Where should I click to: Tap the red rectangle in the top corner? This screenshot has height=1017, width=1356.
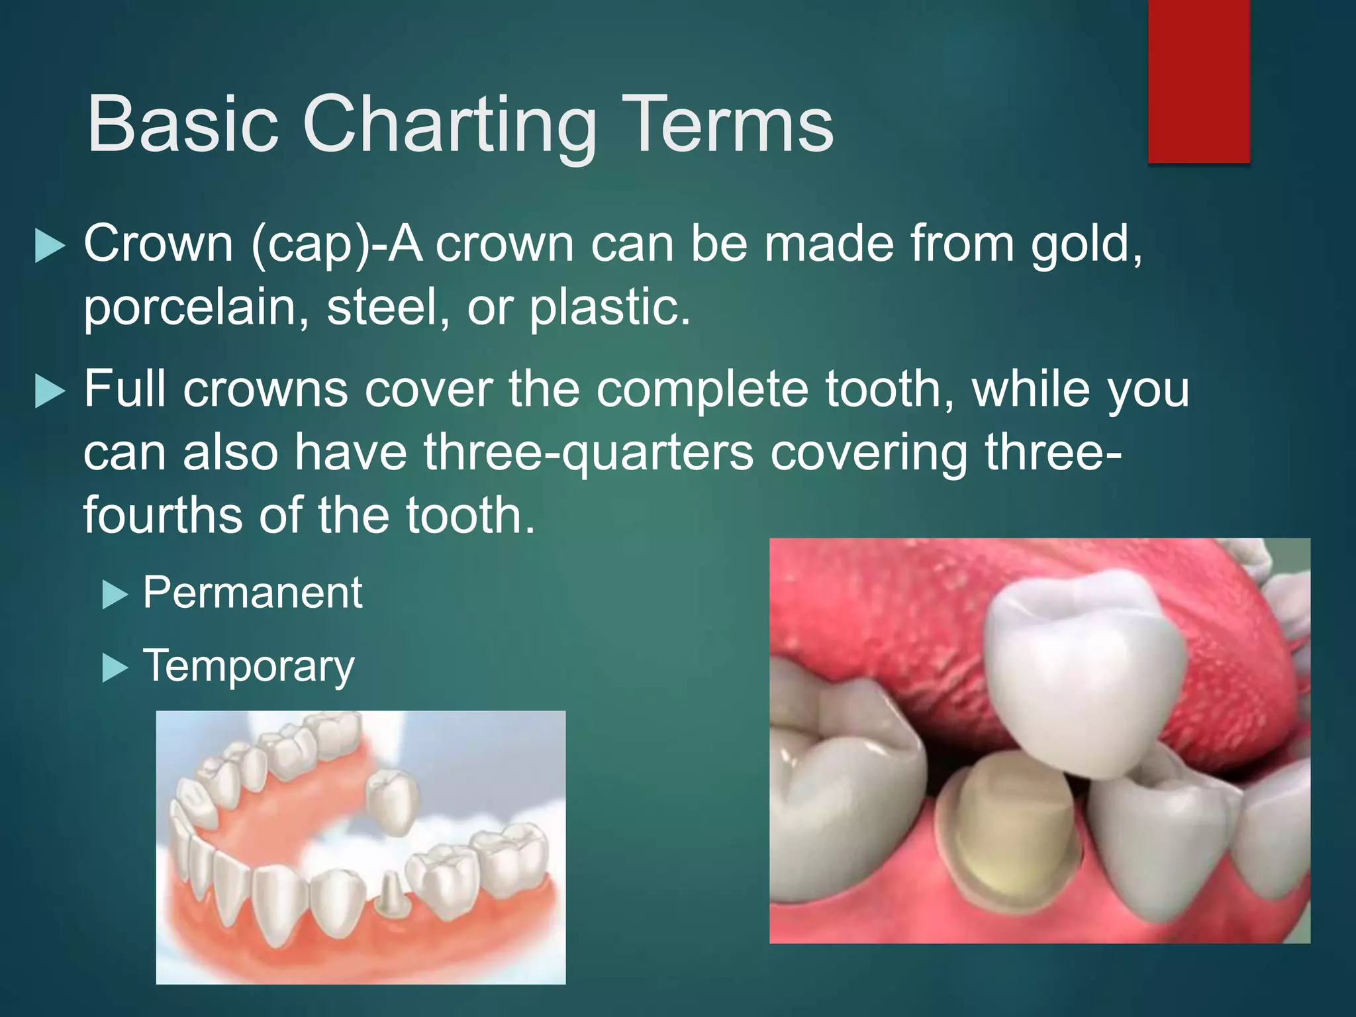(1198, 81)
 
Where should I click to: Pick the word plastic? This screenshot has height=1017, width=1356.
(608, 309)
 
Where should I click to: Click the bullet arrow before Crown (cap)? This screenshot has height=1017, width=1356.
(50, 246)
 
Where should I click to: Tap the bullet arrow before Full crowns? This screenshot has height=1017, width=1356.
(50, 391)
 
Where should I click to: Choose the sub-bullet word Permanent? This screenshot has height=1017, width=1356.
(252, 593)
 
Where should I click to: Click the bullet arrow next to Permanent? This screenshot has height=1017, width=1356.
(115, 595)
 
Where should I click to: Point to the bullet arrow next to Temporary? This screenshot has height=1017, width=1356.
(115, 669)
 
